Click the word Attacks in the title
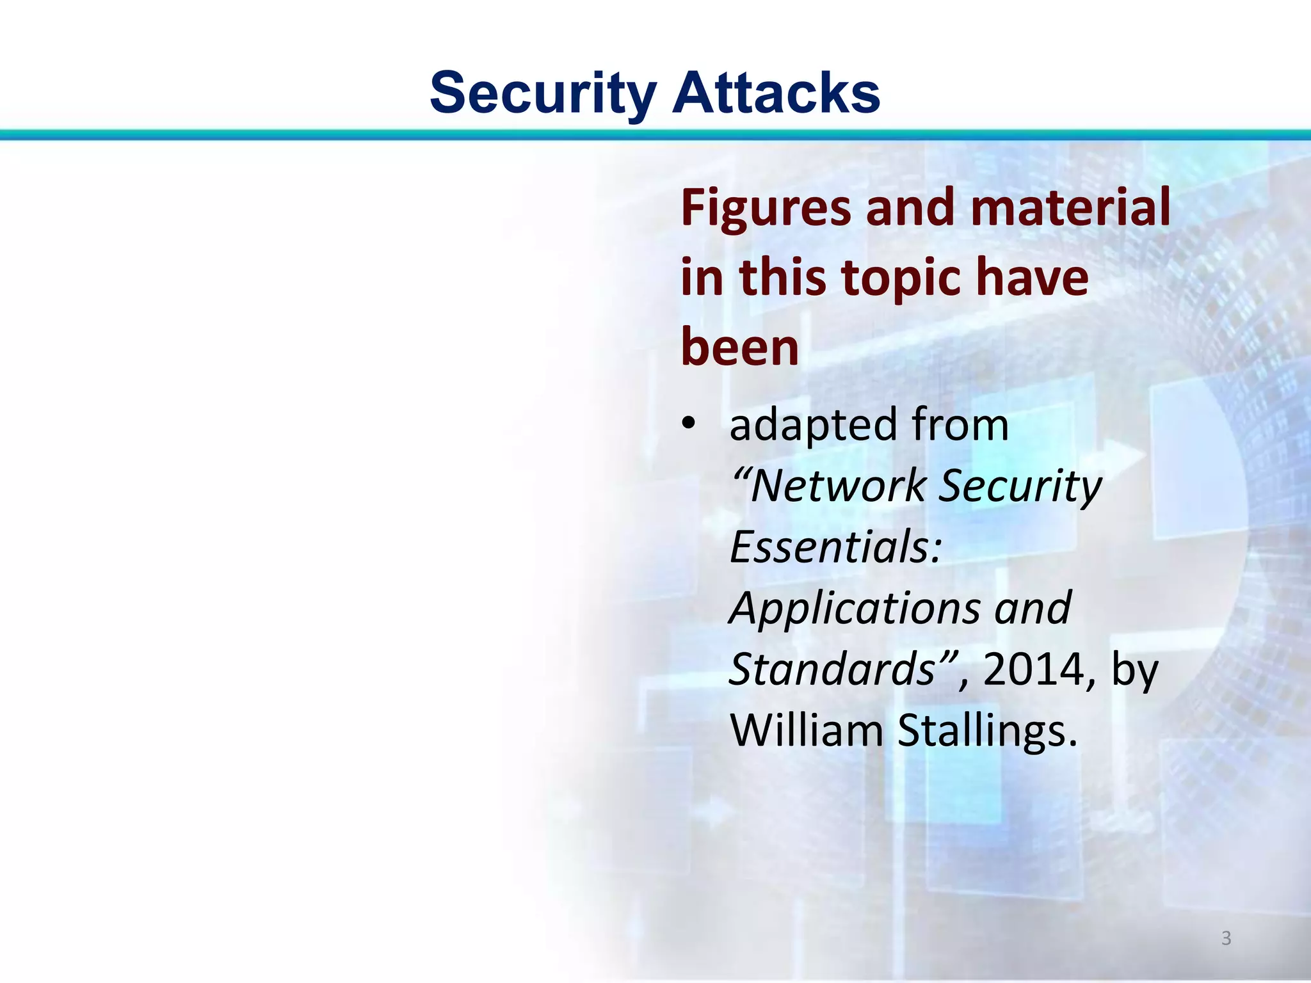[776, 93]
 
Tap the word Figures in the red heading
[766, 209]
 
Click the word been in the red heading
[740, 347]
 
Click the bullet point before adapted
[688, 423]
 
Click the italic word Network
[837, 486]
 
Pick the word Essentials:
[835, 547]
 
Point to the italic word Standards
[832, 669]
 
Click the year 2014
[1033, 670]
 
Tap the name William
[807, 731]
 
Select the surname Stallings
[987, 731]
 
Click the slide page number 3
[1226, 938]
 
